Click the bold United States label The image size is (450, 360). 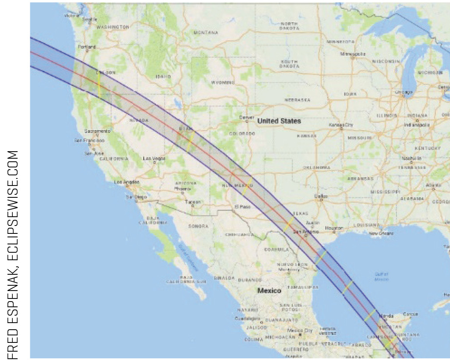click(x=279, y=121)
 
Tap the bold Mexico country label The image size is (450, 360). click(x=269, y=291)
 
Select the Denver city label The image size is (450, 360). click(x=247, y=117)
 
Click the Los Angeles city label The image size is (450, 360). click(x=127, y=182)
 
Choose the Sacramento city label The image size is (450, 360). click(x=98, y=131)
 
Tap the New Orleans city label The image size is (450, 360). click(x=380, y=233)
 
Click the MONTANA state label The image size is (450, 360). click(x=206, y=33)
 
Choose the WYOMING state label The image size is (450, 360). click(x=223, y=82)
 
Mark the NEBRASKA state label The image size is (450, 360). click(x=297, y=100)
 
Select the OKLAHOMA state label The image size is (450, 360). click(x=316, y=167)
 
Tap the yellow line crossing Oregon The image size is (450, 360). click(x=99, y=84)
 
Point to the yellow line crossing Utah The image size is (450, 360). click(x=190, y=142)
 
